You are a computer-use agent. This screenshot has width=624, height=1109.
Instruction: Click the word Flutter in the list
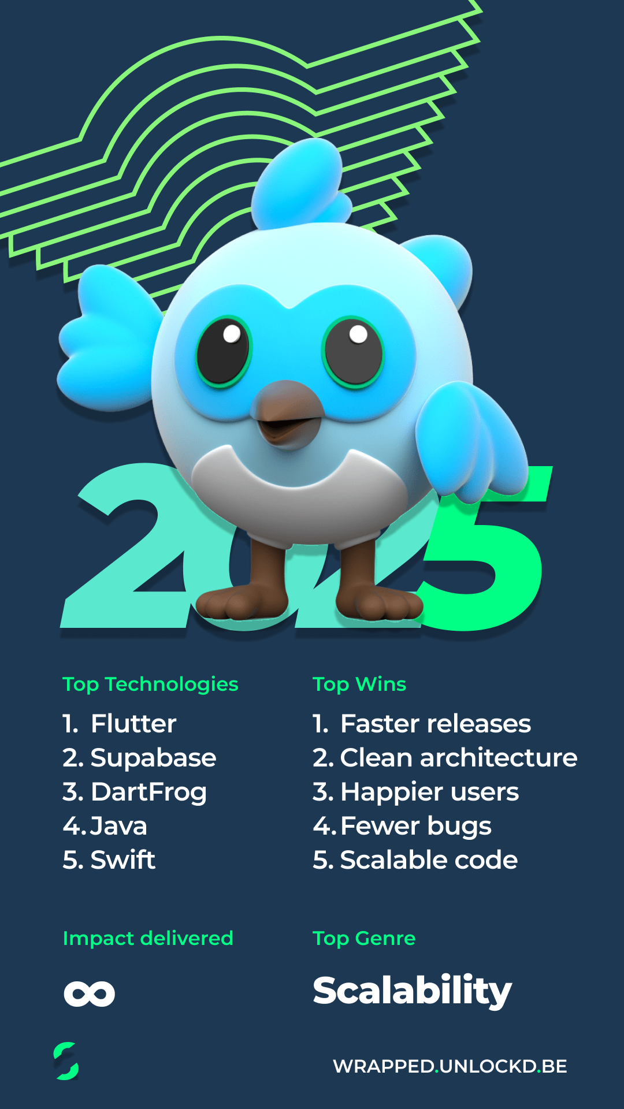(133, 723)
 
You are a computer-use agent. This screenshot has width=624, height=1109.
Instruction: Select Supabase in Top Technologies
(153, 758)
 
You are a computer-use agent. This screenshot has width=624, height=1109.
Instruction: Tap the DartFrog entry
(148, 792)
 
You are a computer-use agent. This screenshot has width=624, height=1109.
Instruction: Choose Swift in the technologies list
(123, 859)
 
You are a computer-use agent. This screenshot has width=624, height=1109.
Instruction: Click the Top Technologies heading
(150, 684)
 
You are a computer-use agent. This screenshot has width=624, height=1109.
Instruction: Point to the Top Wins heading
(359, 684)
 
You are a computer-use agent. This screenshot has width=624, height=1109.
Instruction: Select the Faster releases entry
(436, 723)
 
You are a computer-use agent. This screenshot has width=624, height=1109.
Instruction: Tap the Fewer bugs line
(416, 826)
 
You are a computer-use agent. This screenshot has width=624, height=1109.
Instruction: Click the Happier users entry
(430, 792)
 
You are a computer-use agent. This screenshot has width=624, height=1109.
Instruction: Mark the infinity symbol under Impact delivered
(90, 993)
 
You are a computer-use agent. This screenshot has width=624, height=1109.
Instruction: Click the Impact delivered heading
(148, 939)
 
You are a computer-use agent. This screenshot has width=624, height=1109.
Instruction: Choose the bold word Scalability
(413, 991)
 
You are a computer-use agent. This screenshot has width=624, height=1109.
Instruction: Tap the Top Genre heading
(364, 939)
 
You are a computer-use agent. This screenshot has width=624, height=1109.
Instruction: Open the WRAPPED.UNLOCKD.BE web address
(450, 1066)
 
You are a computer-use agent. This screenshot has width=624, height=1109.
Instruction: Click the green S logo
(66, 1060)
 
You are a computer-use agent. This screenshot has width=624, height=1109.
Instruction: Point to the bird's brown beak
(287, 414)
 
